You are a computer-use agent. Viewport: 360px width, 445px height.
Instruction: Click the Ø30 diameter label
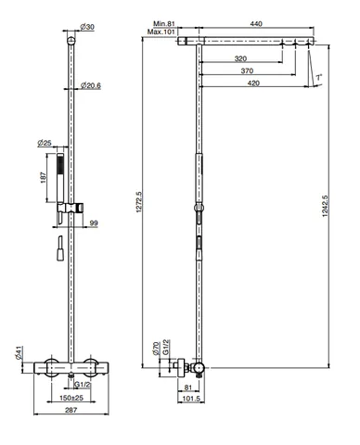tap(87, 27)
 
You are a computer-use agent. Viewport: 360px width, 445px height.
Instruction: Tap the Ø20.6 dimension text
tap(91, 85)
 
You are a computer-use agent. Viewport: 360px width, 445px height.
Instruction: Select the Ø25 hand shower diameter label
tap(45, 143)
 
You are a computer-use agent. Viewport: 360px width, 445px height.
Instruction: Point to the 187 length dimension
tap(44, 177)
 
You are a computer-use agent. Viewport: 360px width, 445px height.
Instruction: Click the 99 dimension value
tap(94, 223)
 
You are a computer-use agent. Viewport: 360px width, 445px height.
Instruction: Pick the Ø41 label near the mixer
tap(19, 352)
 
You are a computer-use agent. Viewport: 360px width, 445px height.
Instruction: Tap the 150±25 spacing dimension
tap(71, 398)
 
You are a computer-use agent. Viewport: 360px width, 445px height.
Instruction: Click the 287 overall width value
tap(71, 410)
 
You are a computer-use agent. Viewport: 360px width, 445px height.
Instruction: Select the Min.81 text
tap(164, 24)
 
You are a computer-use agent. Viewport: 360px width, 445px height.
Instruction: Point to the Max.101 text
tap(161, 32)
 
